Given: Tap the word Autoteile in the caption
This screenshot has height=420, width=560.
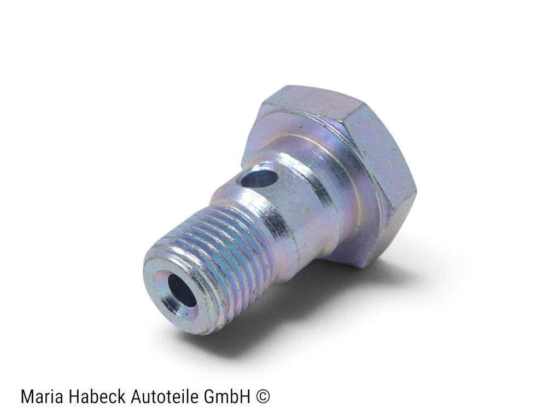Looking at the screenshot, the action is [164, 396].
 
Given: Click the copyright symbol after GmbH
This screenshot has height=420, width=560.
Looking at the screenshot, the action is [263, 397].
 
